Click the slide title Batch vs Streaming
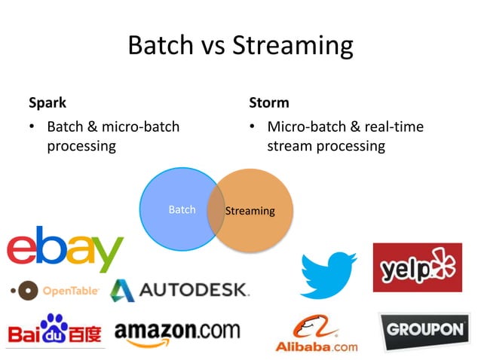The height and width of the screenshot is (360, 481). (240, 46)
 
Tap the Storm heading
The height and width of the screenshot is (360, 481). (268, 102)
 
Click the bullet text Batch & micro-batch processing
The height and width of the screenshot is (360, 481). (112, 136)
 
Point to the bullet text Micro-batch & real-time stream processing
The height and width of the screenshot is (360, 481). (344, 136)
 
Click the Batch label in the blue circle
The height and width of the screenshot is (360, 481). (181, 210)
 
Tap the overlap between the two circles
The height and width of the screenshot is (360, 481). (215, 210)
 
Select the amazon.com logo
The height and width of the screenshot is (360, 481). (177, 333)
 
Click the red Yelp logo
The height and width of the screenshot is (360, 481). (417, 267)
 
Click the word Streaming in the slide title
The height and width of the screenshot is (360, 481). (293, 46)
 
